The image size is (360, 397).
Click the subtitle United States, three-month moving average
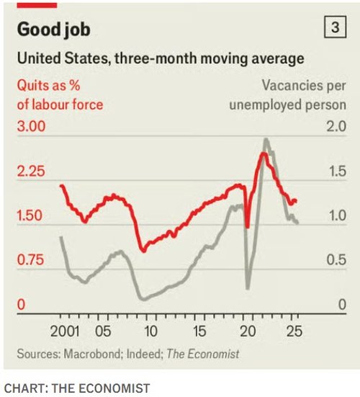[160, 57]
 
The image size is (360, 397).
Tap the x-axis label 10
[150, 333]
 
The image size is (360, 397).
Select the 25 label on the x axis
[293, 333]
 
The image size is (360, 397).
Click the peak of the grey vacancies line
[266, 140]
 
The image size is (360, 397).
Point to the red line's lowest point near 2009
[143, 251]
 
